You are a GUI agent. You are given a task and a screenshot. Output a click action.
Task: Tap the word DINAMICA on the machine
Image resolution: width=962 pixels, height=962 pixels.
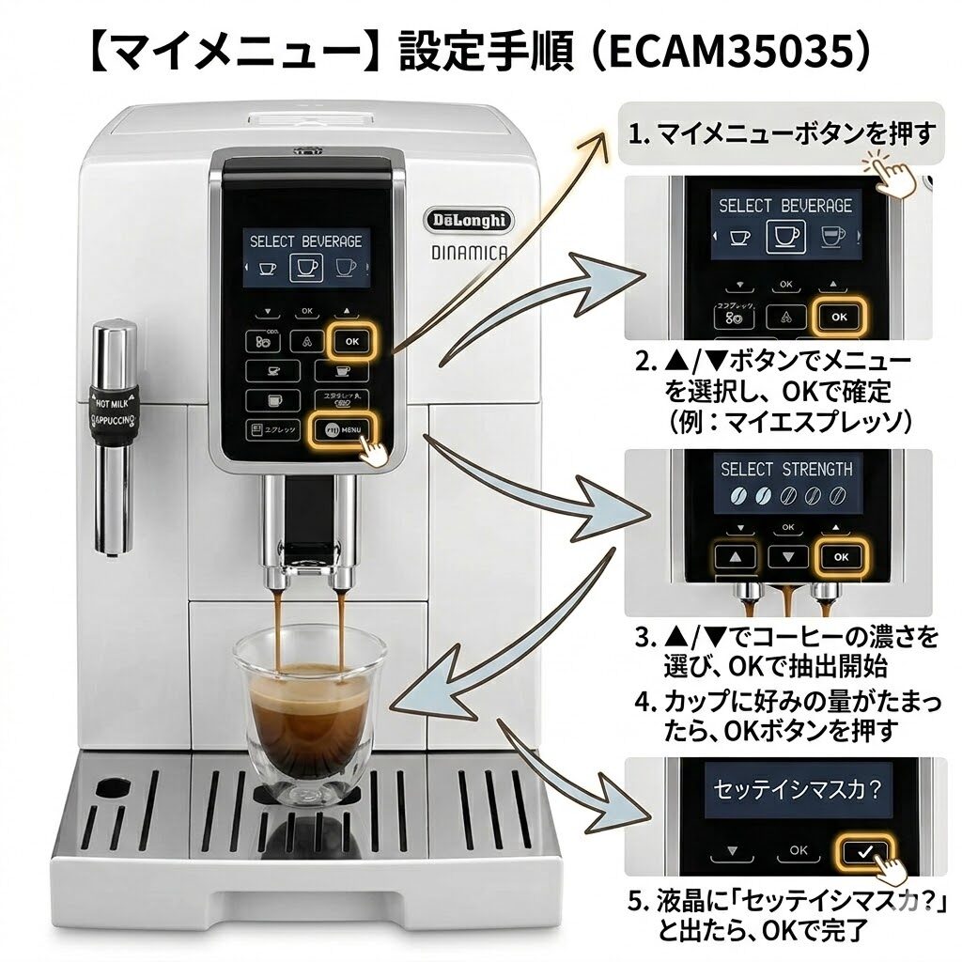470,252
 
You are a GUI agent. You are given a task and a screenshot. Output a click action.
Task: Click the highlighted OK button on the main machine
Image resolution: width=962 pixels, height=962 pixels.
351,341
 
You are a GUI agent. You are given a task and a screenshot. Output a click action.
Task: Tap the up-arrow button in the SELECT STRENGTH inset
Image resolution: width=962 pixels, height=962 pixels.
737,556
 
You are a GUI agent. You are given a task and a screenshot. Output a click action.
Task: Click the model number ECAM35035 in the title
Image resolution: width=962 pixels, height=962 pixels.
728,53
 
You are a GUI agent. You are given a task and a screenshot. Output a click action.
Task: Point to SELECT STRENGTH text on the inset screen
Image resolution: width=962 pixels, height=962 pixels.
786,469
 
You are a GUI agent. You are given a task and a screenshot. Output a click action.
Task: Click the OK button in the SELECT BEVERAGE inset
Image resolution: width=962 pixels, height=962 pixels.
838,317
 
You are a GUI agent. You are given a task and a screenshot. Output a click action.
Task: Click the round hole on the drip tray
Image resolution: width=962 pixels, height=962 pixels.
113,785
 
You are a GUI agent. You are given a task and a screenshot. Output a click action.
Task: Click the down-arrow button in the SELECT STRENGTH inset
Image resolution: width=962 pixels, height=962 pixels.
787,556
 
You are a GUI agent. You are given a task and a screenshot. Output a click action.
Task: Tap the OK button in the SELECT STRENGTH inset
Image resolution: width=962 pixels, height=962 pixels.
840,556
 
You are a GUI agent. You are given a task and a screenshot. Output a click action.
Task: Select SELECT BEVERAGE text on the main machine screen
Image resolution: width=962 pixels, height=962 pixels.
305,241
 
